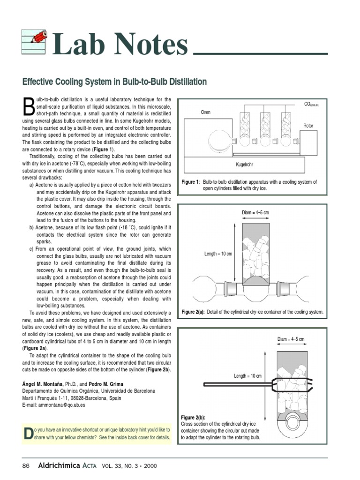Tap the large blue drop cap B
point(29,106)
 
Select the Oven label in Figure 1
point(206,112)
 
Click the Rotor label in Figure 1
point(308,126)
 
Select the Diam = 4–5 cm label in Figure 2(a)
point(255,213)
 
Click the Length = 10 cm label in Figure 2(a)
point(218,254)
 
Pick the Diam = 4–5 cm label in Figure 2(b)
point(291,339)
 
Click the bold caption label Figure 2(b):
point(193,417)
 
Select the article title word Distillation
point(184,82)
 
